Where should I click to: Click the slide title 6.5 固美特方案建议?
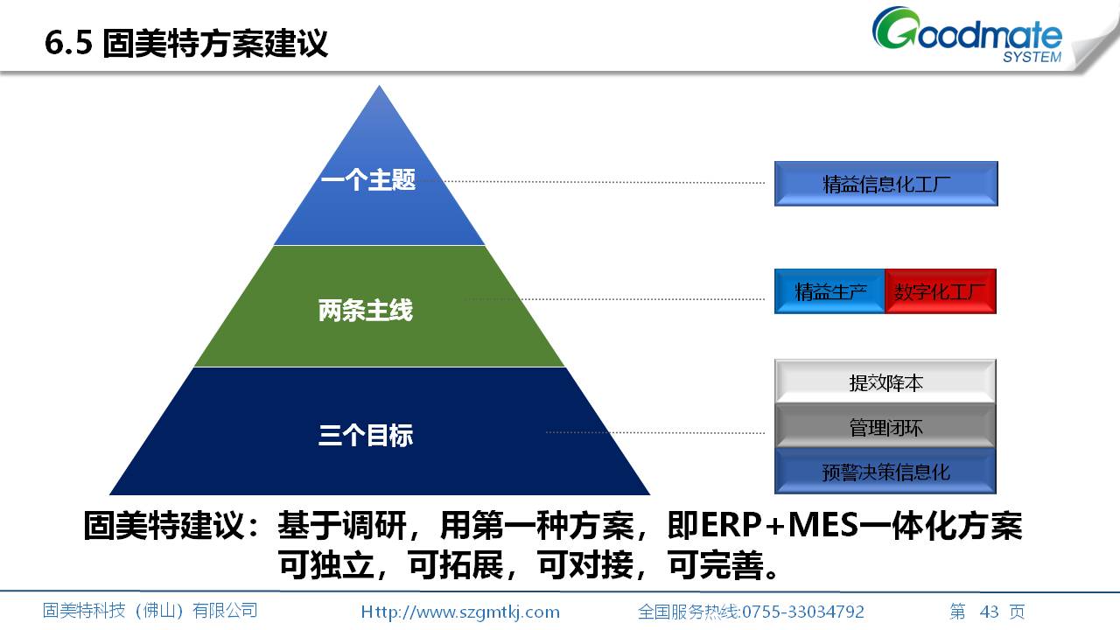(186, 43)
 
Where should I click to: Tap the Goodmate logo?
(968, 34)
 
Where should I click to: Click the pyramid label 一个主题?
(368, 180)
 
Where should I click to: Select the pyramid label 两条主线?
(366, 310)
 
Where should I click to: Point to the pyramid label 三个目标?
(366, 435)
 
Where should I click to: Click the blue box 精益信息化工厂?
(886, 184)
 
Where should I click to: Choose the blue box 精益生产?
(830, 291)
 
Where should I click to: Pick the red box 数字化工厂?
(941, 291)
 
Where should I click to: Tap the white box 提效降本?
(885, 382)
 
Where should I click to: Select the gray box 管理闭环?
(885, 426)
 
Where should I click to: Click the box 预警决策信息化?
(885, 472)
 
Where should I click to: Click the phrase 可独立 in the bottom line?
(326, 565)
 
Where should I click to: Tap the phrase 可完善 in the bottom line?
(716, 565)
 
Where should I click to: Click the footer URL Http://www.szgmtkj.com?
(460, 612)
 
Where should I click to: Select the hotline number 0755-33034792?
(803, 612)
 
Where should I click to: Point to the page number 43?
(989, 612)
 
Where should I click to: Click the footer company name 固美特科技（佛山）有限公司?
(150, 611)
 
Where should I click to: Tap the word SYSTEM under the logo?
(1032, 57)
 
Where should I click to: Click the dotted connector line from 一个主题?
(604, 182)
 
